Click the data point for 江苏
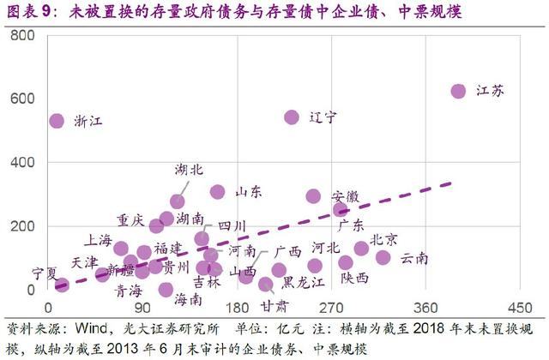(x=458, y=91)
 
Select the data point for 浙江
(x=57, y=121)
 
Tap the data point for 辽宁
(x=292, y=117)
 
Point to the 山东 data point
(x=218, y=192)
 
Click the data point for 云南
(x=383, y=257)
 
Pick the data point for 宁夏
(x=61, y=284)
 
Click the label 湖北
(x=189, y=170)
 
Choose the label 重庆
(x=131, y=219)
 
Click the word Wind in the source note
(x=94, y=328)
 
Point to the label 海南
(x=188, y=300)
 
